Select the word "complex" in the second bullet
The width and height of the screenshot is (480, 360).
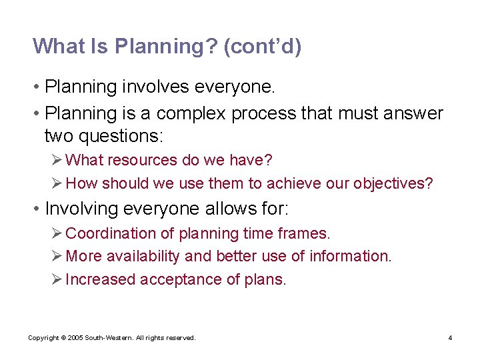point(194,114)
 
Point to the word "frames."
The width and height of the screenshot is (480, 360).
point(306,234)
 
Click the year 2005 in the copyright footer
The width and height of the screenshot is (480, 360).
point(75,338)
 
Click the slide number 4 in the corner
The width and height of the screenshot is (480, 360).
point(450,338)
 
